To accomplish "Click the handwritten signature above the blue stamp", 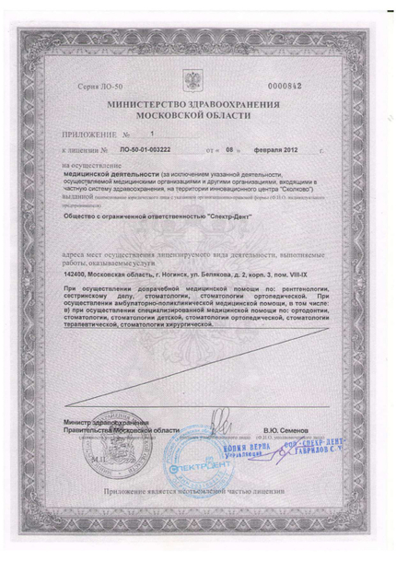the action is point(218,426).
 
